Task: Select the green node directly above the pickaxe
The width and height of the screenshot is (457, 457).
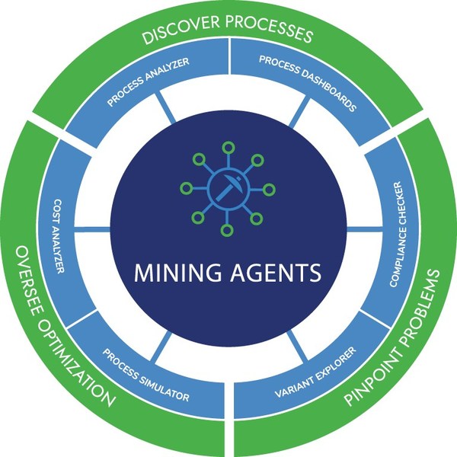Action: [x=228, y=148]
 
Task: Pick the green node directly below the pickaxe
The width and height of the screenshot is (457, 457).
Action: [x=228, y=229]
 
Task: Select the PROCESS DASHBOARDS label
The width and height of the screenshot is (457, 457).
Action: [x=308, y=82]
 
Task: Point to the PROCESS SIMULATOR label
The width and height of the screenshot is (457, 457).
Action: [x=145, y=378]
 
